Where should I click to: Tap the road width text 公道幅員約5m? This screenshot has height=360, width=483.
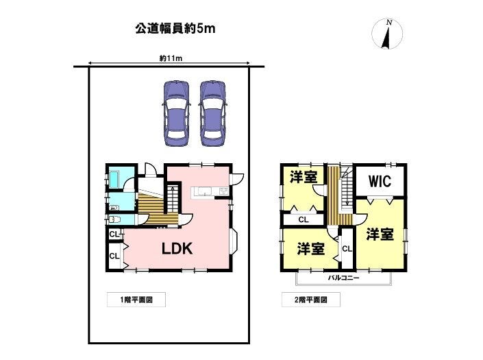point(175,29)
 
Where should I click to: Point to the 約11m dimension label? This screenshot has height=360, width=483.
point(171,58)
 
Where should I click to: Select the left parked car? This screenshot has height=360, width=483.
point(175,113)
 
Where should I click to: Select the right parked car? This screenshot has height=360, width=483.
point(212,113)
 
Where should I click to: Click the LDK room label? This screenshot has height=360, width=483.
point(177,248)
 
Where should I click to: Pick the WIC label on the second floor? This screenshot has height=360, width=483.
point(380,181)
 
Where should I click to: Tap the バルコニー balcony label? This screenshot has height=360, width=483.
point(343,278)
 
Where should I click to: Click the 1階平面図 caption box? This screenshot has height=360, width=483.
point(136,300)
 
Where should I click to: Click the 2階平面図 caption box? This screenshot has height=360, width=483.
point(311,300)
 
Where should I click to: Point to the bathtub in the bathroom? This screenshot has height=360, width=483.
point(114,179)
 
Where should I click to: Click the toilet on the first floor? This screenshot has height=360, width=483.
point(114,219)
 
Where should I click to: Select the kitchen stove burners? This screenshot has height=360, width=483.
point(223,191)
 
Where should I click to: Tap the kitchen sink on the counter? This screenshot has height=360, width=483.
point(204,191)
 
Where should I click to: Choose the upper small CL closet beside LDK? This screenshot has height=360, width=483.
point(114,235)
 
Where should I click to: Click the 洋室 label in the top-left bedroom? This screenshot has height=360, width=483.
point(304,178)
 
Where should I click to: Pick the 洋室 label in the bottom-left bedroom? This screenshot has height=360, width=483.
point(311,249)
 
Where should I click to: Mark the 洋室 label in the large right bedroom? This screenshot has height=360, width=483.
point(380,235)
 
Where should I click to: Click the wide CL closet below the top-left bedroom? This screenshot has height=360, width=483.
point(304,219)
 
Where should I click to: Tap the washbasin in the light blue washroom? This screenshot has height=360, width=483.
point(114,208)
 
